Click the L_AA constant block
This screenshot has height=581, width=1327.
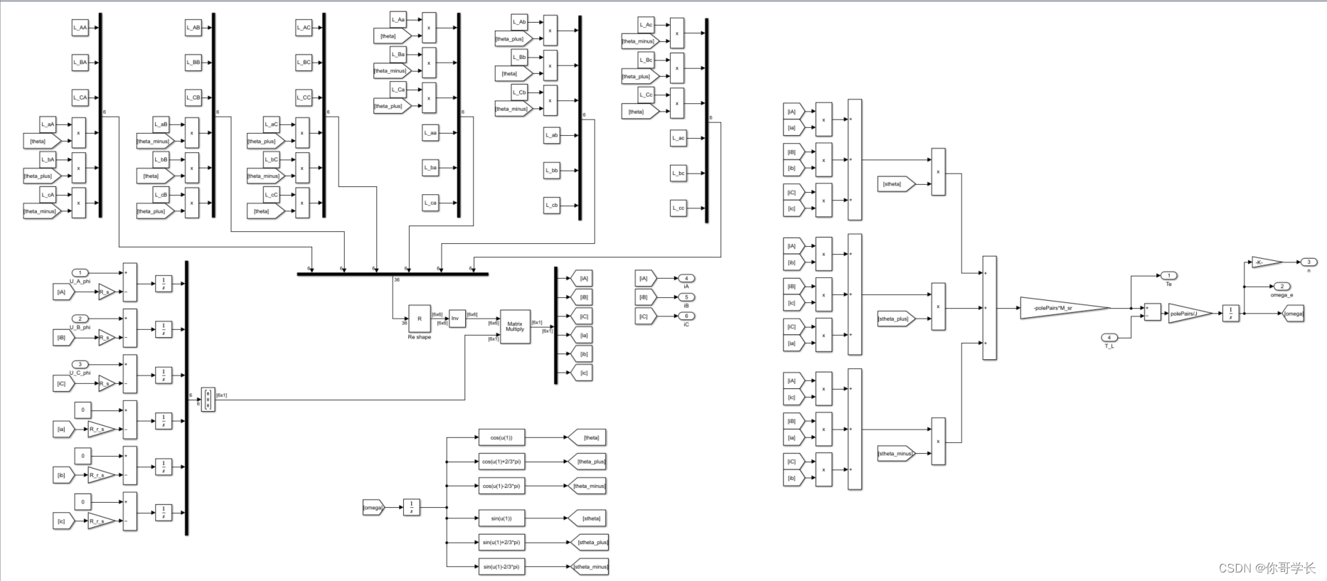point(80,28)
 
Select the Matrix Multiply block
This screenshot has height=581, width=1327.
point(515,326)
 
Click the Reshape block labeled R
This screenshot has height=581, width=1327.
point(419,319)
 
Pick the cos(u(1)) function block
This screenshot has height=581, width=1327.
point(501,437)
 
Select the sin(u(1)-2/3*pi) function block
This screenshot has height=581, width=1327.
point(501,567)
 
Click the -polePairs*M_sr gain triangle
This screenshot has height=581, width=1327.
point(1064,308)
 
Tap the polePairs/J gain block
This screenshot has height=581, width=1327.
point(1188,313)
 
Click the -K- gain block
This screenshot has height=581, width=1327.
point(1266,262)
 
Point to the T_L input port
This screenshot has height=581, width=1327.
point(1109,338)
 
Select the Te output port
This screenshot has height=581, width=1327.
point(1168,275)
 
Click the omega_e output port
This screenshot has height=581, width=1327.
point(1281,287)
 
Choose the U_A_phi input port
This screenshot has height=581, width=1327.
point(80,273)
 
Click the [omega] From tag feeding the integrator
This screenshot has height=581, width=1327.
point(373,507)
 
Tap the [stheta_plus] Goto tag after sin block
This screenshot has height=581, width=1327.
point(590,542)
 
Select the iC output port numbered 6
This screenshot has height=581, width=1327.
point(686,316)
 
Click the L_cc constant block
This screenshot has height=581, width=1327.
point(678,208)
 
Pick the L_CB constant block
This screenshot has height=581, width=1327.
point(193,97)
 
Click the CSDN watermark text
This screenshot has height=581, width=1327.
point(1267,567)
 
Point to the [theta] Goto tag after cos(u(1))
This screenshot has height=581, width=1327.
point(588,437)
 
